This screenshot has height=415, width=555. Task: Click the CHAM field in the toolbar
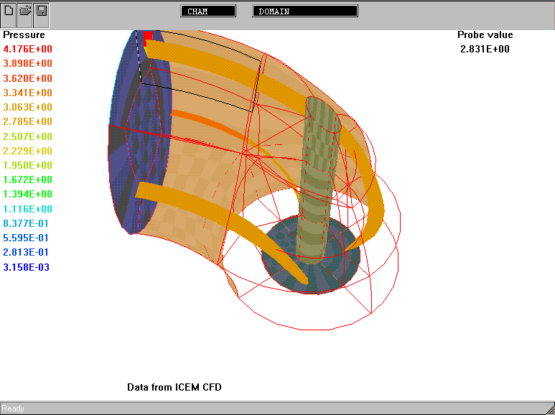(x=208, y=11)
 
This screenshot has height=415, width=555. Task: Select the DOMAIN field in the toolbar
(x=305, y=11)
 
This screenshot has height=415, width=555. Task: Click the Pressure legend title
(x=24, y=34)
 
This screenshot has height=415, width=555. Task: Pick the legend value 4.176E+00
(x=27, y=49)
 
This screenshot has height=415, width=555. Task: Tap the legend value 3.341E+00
(x=27, y=93)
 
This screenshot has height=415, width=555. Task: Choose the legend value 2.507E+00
(x=27, y=136)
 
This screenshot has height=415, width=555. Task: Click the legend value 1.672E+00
(x=27, y=180)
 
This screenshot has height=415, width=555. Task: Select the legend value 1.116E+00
(x=27, y=209)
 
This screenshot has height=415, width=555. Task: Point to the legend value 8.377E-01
(x=26, y=223)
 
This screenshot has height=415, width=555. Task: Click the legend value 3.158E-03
(x=26, y=267)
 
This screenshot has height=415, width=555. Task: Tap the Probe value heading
(x=485, y=34)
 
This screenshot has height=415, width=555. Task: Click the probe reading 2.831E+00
(x=485, y=49)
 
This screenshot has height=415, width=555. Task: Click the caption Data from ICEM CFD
(x=174, y=387)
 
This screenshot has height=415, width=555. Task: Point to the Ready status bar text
(x=13, y=409)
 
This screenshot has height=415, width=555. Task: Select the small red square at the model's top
(x=148, y=36)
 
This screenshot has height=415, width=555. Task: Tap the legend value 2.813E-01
(x=26, y=252)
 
